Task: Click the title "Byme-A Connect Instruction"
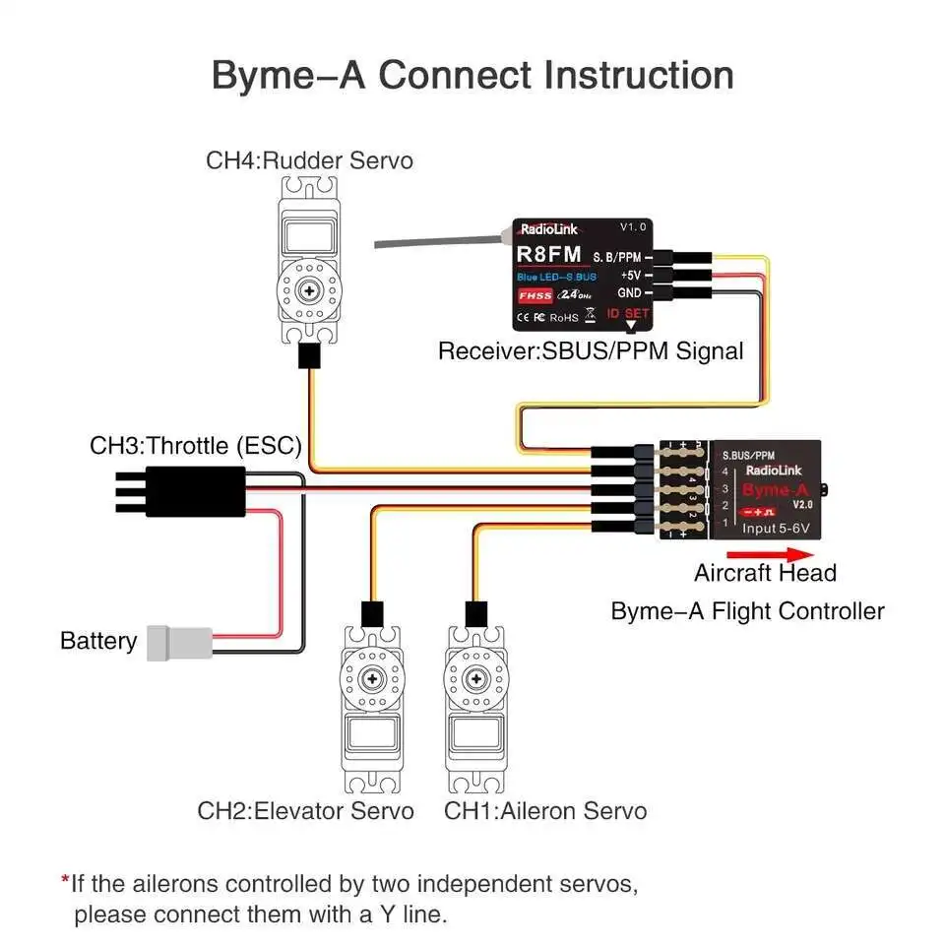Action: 472,75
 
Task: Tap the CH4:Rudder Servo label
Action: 309,159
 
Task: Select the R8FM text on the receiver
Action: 549,255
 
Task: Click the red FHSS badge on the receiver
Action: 535,294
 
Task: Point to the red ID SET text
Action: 627,314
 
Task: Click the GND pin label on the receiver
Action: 629,292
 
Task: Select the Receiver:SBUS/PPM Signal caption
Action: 591,350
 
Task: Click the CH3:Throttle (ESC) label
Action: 196,445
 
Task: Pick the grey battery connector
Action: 178,643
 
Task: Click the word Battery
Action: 98,642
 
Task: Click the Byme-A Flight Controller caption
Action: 747,611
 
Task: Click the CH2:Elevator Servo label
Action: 305,811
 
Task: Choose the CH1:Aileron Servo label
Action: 545,811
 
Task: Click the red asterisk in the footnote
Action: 65,882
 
